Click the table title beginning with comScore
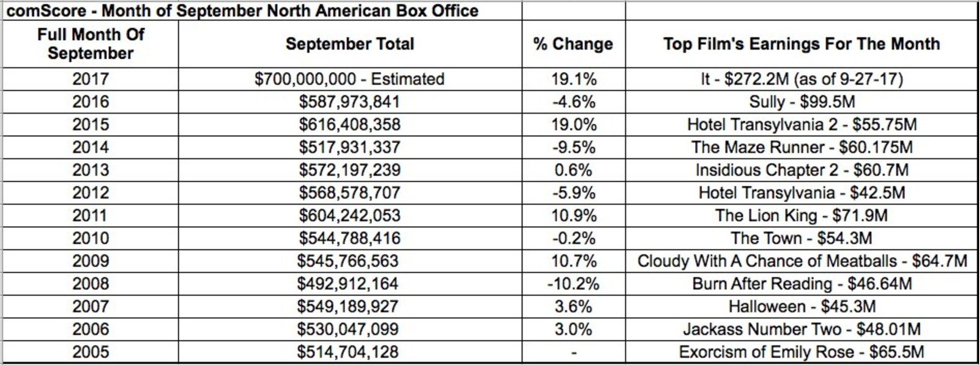click(x=242, y=11)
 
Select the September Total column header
click(x=349, y=44)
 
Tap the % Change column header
click(x=573, y=44)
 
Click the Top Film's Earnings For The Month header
click(x=801, y=44)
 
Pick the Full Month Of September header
click(x=91, y=44)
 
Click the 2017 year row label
click(x=91, y=79)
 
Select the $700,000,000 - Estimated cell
click(x=349, y=79)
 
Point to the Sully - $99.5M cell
click(x=802, y=101)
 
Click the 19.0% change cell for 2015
click(x=573, y=125)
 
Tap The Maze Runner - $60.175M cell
click(x=802, y=147)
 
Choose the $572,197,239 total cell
click(x=349, y=170)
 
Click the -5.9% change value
click(x=573, y=193)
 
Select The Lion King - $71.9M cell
click(x=802, y=215)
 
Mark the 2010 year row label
click(x=91, y=238)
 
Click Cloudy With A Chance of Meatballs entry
click(x=802, y=261)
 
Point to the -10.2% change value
click(x=573, y=284)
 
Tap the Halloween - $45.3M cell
click(x=802, y=306)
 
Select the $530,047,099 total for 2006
click(x=348, y=329)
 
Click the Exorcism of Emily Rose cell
click(x=802, y=352)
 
